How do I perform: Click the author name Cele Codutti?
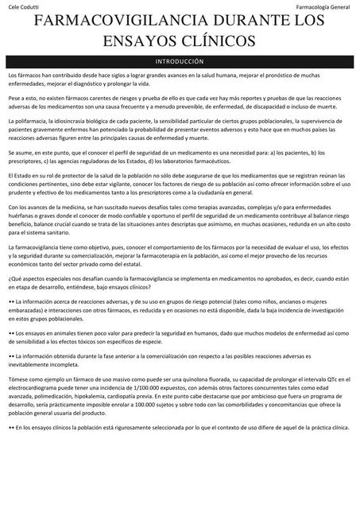tap(22, 7)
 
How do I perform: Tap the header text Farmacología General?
tap(323, 7)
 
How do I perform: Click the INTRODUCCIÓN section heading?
tap(180, 60)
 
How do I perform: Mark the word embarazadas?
tap(29, 309)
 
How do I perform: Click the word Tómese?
tap(18, 381)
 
